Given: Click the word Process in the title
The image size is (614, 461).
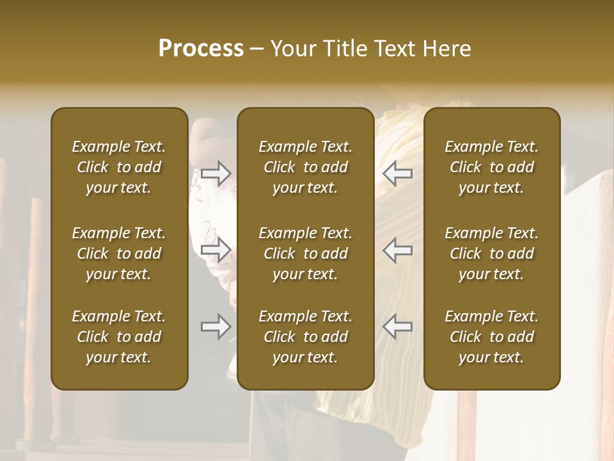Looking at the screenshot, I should click(201, 49).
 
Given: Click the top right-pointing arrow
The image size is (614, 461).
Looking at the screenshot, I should click(216, 174).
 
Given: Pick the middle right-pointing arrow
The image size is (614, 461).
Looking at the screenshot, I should click(216, 250).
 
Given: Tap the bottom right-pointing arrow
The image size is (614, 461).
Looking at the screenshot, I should click(216, 327).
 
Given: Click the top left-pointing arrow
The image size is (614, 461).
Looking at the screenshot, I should click(397, 174).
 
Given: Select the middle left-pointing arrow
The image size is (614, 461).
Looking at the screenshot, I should click(397, 250).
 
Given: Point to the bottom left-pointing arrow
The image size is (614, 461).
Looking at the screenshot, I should click(397, 327).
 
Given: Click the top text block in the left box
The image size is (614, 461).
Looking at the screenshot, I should click(119, 167).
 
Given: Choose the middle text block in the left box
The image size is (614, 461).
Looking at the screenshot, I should click(119, 254).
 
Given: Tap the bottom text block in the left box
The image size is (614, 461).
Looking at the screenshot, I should click(119, 337).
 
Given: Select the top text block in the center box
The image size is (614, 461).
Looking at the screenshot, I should click(306, 167).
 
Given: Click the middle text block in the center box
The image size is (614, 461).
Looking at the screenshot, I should click(306, 254).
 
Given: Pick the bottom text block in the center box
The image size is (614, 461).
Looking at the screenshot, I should click(306, 337).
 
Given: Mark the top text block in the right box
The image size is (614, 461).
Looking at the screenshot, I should click(492, 167).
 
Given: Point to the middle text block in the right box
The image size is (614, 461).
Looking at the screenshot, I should click(492, 254).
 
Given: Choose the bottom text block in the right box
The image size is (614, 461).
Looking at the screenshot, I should click(492, 337).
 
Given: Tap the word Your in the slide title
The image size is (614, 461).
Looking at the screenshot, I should click(292, 49).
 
